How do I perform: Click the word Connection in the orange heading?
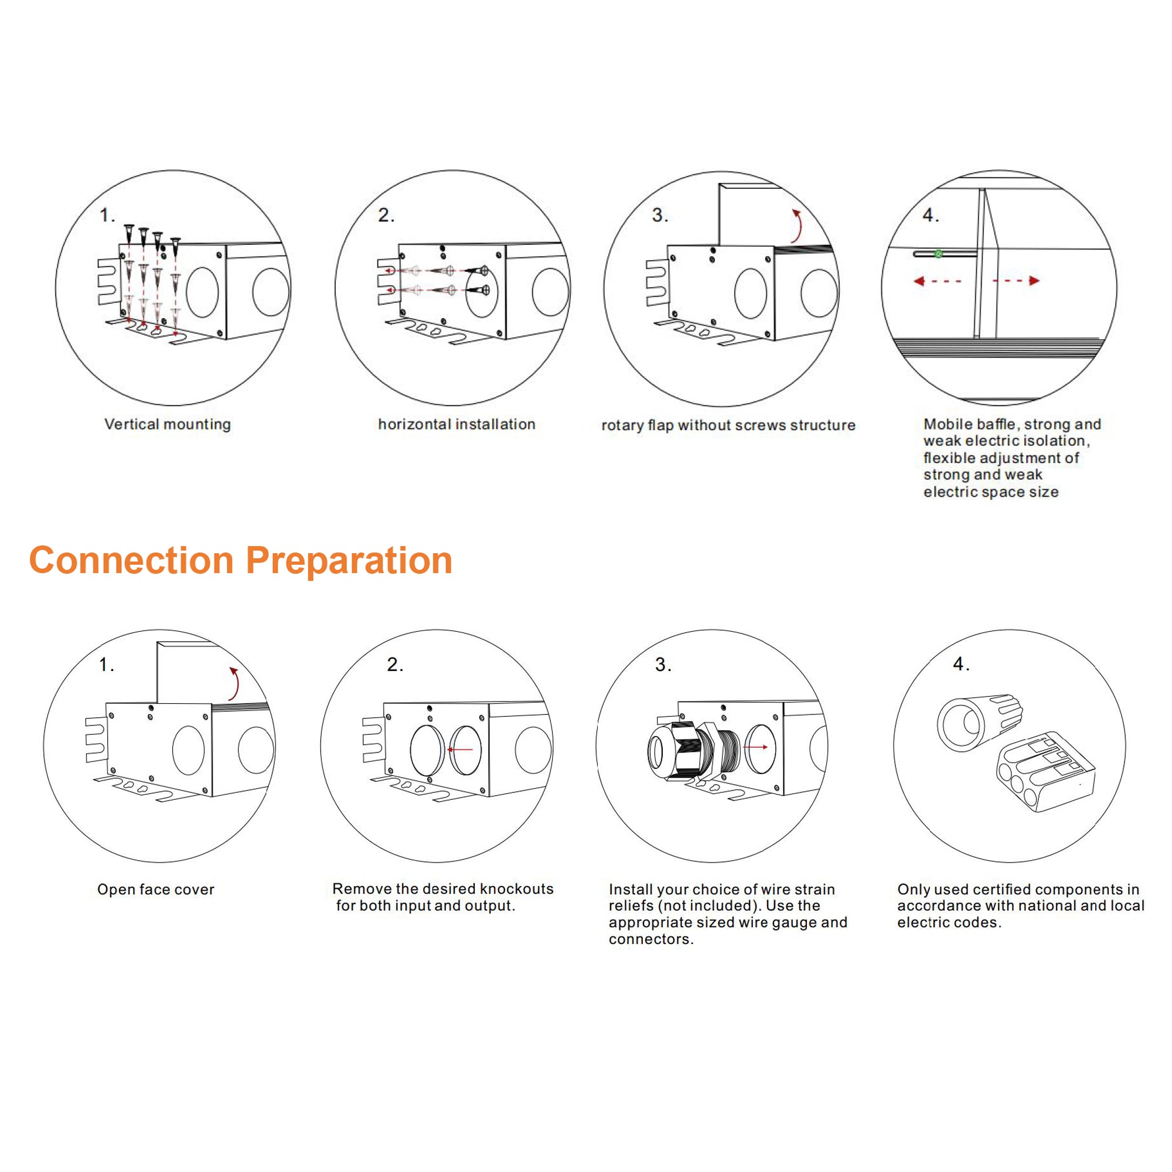click(x=131, y=561)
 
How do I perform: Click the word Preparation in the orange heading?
click(x=349, y=561)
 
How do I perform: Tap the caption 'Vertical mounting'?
click(x=168, y=424)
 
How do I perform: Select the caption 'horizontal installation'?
click(x=456, y=424)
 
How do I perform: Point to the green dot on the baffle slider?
click(x=938, y=254)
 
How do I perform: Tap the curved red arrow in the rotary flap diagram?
click(x=798, y=226)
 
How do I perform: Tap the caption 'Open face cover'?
click(x=156, y=890)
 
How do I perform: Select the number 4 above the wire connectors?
click(x=960, y=665)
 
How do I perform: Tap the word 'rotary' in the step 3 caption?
click(x=622, y=425)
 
